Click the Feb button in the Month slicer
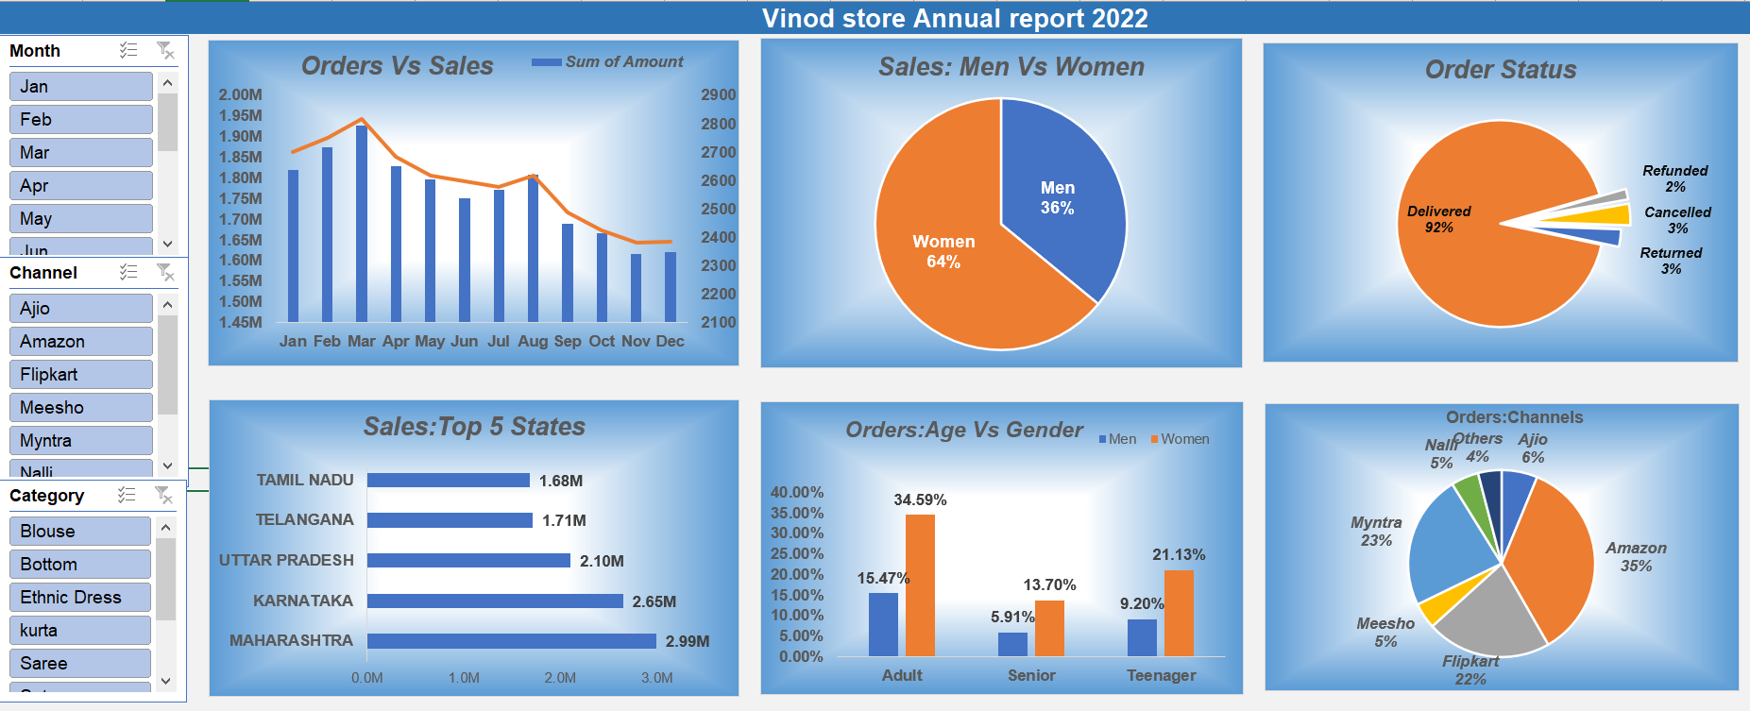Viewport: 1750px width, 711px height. [x=80, y=120]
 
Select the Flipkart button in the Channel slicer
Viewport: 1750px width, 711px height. [x=80, y=375]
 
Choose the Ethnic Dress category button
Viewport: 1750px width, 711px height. [x=80, y=598]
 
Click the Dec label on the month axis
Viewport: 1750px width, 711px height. [x=670, y=341]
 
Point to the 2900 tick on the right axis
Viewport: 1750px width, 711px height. [x=718, y=95]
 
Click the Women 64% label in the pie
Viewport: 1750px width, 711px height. [x=943, y=252]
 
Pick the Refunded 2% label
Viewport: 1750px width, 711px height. [x=1674, y=178]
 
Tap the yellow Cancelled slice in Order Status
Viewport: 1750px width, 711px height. [x=1606, y=215]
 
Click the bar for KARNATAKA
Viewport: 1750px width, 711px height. [x=495, y=601]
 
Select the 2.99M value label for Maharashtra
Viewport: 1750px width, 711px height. [x=687, y=641]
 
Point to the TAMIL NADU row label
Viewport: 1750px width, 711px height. [x=305, y=481]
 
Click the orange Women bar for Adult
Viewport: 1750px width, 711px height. [x=920, y=585]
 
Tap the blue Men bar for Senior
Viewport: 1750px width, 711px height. [x=1012, y=644]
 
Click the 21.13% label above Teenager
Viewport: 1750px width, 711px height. [x=1178, y=555]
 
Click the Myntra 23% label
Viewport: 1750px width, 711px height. [x=1376, y=532]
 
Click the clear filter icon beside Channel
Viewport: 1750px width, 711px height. [x=165, y=273]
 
